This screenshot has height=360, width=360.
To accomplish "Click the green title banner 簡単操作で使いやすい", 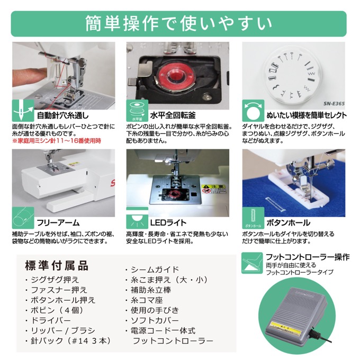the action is pyautogui.click(x=178, y=24).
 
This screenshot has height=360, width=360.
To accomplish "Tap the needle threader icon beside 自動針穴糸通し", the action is pyautogui.click(x=23, y=111).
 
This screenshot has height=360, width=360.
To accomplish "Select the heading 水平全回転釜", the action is pyautogui.click(x=173, y=115).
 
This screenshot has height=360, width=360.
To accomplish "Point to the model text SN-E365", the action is pyautogui.click(x=334, y=104).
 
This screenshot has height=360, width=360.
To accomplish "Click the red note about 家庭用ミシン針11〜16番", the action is pyautogui.click(x=57, y=141).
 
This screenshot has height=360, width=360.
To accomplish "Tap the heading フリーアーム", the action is pyautogui.click(x=58, y=223).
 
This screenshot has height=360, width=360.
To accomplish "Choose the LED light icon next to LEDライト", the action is pyautogui.click(x=137, y=218).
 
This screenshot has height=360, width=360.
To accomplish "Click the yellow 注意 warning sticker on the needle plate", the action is pyautogui.click(x=213, y=189).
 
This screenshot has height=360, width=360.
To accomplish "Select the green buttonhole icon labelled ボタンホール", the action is pyautogui.click(x=253, y=218).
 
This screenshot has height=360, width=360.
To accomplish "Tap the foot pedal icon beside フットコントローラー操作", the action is pyautogui.click(x=252, y=263).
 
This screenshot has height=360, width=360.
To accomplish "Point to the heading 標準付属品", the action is pyautogui.click(x=57, y=266).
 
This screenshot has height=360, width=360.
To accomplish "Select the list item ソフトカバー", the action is pyautogui.click(x=152, y=320).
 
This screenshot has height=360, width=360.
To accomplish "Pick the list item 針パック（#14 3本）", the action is pyautogui.click(x=68, y=341).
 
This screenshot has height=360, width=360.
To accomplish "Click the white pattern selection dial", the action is pyautogui.click(x=291, y=76).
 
